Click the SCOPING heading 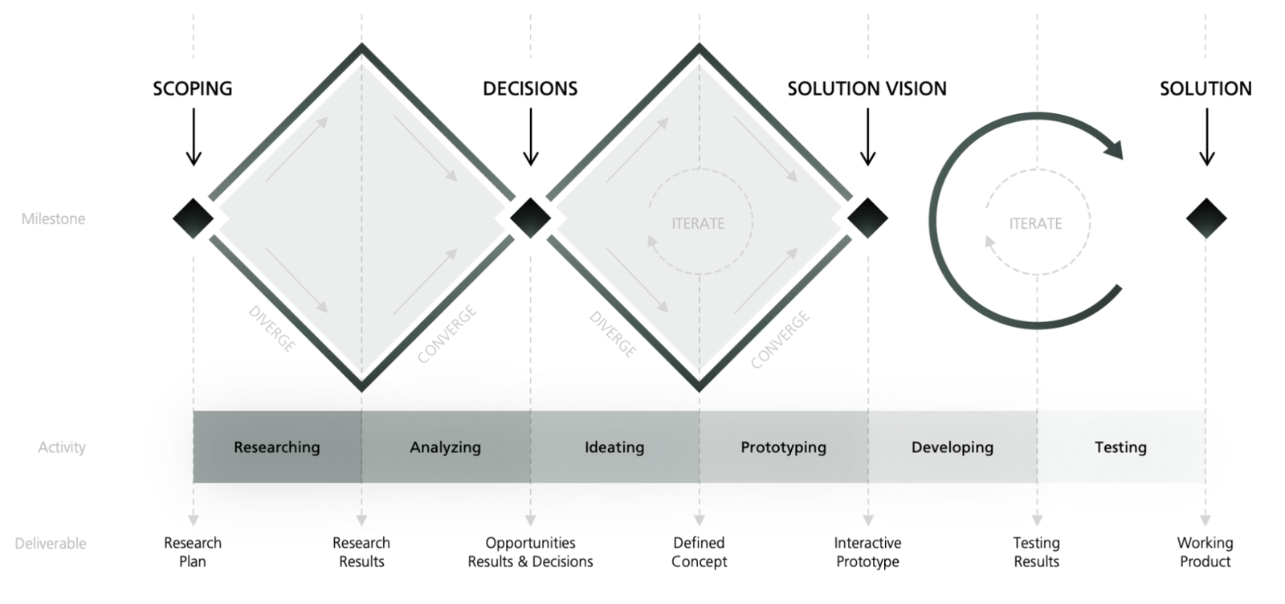(193, 88)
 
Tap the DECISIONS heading (530, 88)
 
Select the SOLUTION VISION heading (867, 88)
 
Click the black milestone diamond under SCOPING (193, 218)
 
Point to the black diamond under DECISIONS (530, 218)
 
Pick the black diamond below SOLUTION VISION (867, 218)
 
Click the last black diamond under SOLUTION (1205, 218)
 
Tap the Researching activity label (276, 447)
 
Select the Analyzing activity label (445, 447)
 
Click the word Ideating (614, 447)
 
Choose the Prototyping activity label (783, 447)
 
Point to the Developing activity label (952, 447)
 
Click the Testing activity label (1120, 447)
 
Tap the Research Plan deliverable (193, 552)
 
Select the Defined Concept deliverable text (699, 552)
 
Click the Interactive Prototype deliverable (867, 552)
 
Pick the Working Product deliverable (1205, 552)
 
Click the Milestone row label (53, 218)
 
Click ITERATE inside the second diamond (698, 223)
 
